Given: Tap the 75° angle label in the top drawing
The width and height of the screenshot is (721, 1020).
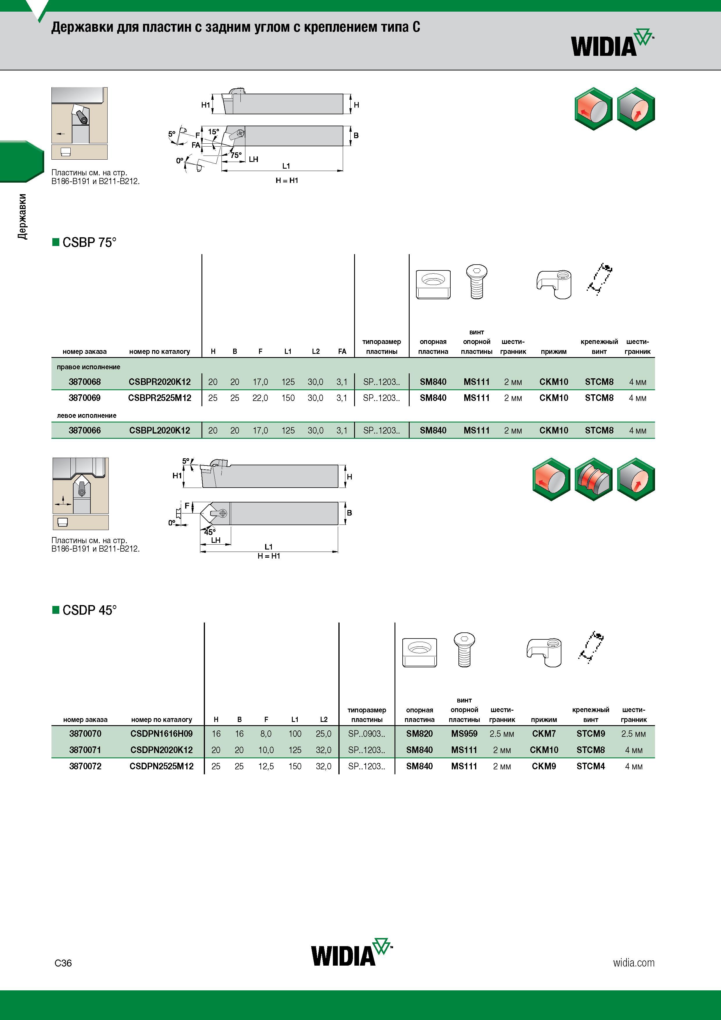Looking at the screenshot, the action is coord(236,155).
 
